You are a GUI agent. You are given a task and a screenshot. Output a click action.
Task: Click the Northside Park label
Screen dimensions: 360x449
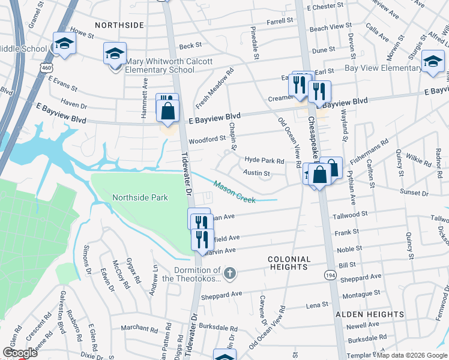(140, 197)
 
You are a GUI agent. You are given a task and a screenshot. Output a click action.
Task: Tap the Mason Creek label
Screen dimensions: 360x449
(235, 192)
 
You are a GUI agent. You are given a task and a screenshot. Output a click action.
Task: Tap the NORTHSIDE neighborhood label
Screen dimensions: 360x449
(119, 25)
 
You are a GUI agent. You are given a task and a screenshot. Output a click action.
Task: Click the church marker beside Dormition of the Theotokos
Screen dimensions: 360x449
(231, 274)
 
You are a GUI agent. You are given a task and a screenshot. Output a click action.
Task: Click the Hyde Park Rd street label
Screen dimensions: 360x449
(264, 161)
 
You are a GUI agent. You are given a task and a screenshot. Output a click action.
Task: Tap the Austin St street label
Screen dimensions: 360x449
(256, 173)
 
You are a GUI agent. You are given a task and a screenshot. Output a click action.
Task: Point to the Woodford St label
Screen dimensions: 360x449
(206, 138)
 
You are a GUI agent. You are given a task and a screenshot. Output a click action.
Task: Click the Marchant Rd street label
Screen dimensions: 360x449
(139, 328)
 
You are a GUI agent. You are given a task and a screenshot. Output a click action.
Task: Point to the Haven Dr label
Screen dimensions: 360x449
(74, 104)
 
